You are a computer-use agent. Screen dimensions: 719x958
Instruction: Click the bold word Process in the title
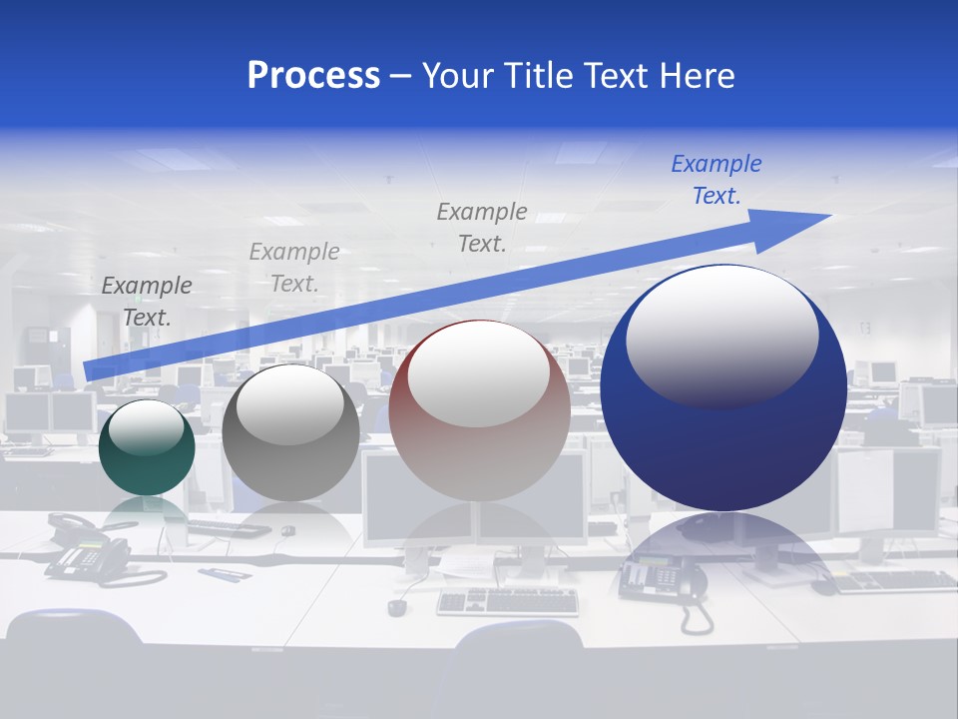313,76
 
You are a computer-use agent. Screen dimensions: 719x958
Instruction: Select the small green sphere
147,448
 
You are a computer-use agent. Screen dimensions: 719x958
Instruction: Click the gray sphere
290,433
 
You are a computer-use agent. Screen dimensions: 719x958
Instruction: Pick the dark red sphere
479,411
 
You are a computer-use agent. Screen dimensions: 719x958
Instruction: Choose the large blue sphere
723,387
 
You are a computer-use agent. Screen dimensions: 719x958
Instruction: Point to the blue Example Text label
716,180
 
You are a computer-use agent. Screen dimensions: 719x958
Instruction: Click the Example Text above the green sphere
147,301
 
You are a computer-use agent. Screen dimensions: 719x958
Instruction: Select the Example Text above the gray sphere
294,267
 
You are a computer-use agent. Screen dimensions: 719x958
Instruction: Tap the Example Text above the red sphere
482,227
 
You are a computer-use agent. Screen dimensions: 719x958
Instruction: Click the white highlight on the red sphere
479,374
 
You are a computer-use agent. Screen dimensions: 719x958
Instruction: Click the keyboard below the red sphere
508,600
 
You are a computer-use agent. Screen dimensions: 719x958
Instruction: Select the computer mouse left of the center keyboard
397,606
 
